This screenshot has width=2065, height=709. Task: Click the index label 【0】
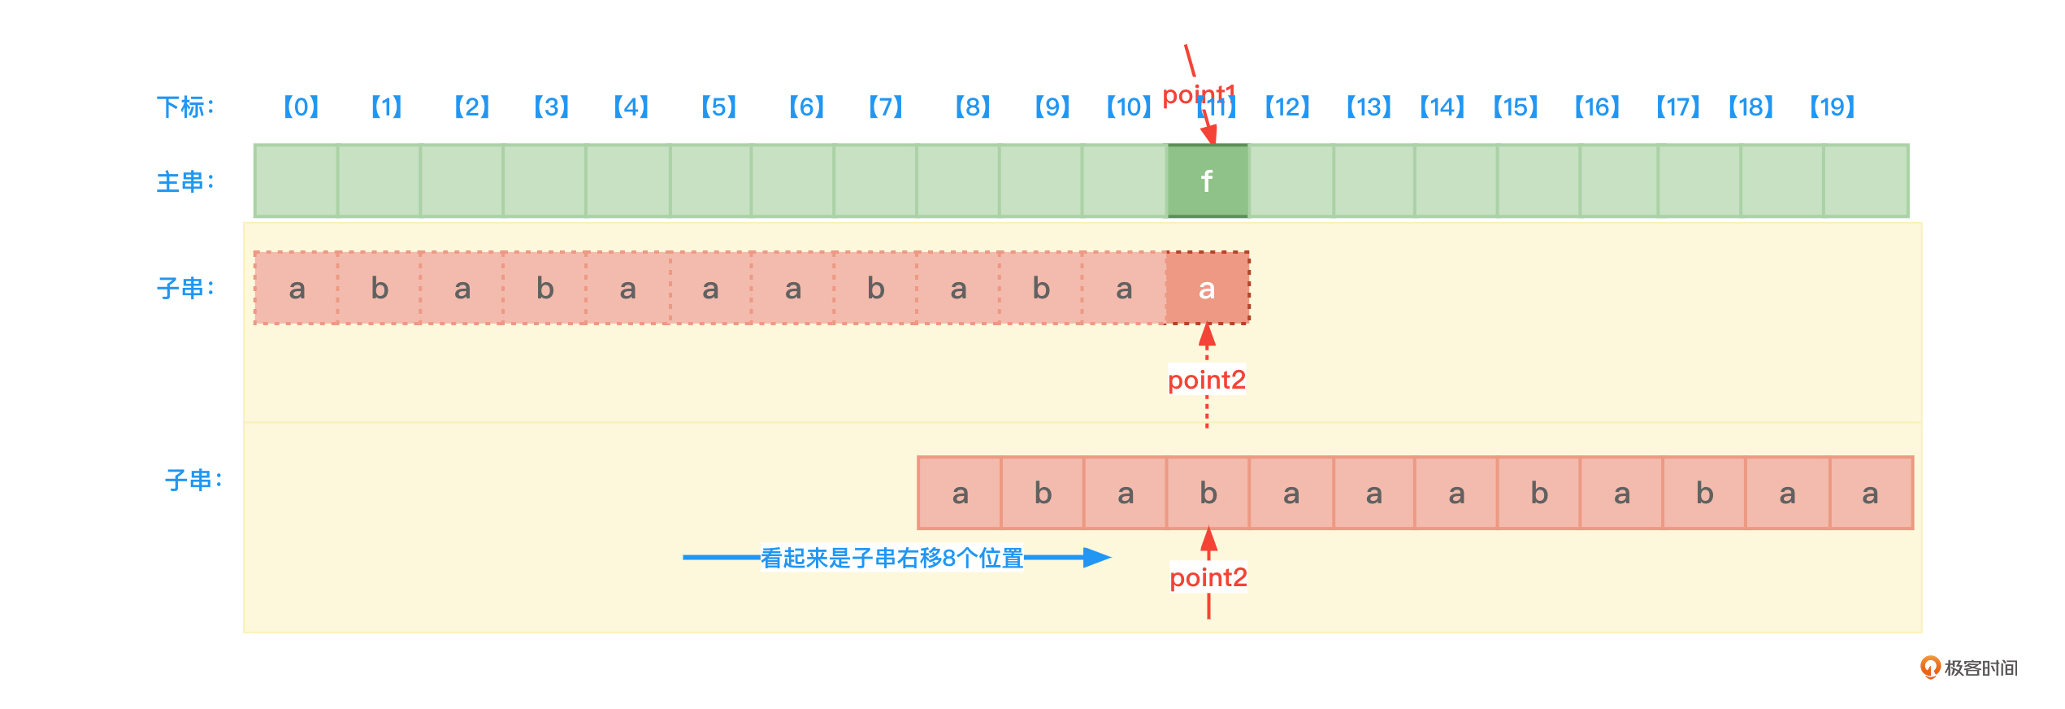click(x=301, y=107)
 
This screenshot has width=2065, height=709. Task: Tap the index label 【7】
click(x=885, y=107)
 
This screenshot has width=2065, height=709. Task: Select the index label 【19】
click(x=1832, y=107)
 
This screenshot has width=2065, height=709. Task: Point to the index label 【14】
click(x=1442, y=107)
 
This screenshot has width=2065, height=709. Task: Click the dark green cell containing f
click(x=1208, y=181)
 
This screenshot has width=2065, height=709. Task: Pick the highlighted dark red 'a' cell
click(x=1208, y=288)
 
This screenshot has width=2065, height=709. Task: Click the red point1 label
click(x=1199, y=95)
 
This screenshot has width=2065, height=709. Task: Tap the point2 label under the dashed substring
click(x=1207, y=380)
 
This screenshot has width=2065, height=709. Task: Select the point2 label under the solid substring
click(x=1208, y=577)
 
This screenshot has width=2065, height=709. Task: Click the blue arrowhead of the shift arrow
click(x=1097, y=558)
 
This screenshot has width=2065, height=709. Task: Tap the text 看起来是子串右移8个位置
click(x=892, y=558)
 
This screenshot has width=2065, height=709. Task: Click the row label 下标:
click(x=186, y=107)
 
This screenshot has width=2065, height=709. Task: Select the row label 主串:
click(x=186, y=181)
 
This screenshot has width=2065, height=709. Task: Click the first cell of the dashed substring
click(x=297, y=288)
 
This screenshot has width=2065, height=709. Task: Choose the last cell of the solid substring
click(x=1871, y=493)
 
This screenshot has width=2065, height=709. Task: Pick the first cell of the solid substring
click(x=960, y=493)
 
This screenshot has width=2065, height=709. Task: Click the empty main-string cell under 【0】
click(x=297, y=181)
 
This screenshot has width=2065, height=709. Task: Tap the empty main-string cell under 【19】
click(x=1866, y=181)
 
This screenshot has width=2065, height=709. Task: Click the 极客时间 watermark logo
click(x=1969, y=668)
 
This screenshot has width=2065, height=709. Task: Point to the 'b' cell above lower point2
click(x=1208, y=493)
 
